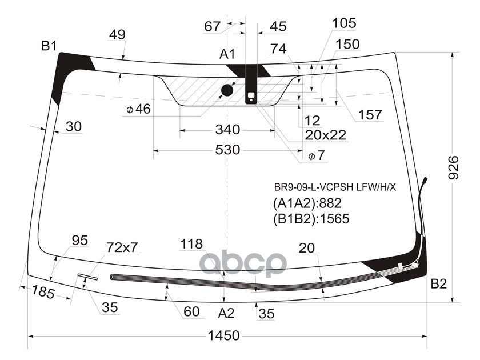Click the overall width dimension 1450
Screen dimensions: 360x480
223,336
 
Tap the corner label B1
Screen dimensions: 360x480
49,46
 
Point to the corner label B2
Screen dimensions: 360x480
438,283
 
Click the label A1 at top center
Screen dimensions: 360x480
227,54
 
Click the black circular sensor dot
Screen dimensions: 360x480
227,90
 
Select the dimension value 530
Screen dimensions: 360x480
227,150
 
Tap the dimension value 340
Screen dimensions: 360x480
227,130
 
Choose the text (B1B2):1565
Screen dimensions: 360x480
311,218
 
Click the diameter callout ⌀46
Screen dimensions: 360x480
138,109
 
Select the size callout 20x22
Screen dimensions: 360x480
326,135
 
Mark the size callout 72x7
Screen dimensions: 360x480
122,247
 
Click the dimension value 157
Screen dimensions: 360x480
370,115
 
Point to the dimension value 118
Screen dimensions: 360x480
191,244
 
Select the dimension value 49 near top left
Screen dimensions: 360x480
117,35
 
